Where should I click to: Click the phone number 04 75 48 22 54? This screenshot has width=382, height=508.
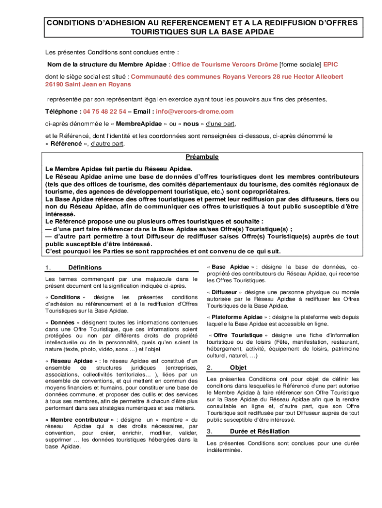click(105, 112)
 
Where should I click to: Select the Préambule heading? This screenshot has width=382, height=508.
click(202, 157)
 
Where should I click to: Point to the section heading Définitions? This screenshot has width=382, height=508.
click(85, 267)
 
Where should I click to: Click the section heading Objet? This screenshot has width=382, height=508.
click(238, 368)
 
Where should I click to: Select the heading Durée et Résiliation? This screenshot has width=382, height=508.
click(260, 431)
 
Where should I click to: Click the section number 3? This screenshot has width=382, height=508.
click(210, 431)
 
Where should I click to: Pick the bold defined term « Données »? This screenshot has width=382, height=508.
click(60, 322)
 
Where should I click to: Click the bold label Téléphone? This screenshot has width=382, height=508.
click(63, 112)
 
